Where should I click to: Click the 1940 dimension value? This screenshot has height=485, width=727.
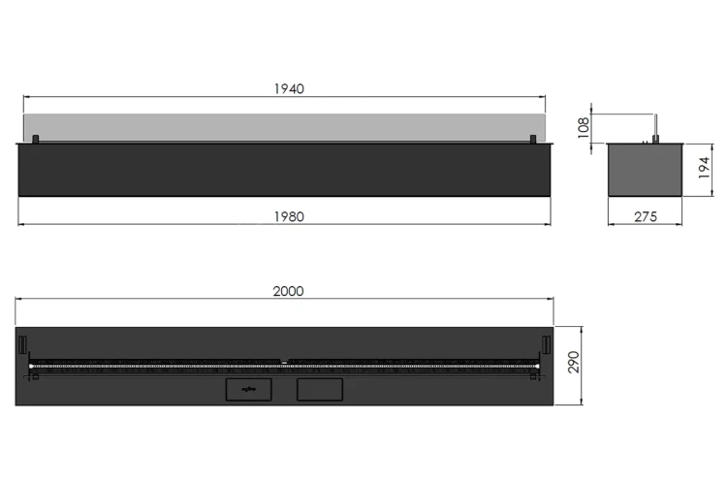pyautogui.click(x=289, y=88)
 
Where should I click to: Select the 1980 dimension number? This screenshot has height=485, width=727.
pyautogui.click(x=289, y=216)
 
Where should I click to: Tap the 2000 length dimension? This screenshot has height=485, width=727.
pyautogui.click(x=289, y=291)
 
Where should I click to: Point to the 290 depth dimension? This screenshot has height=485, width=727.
pyautogui.click(x=574, y=362)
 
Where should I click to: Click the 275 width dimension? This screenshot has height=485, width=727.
pyautogui.click(x=646, y=216)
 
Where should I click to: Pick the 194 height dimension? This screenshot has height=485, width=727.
pyautogui.click(x=704, y=168)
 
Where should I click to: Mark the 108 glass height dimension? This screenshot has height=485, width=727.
pyautogui.click(x=584, y=128)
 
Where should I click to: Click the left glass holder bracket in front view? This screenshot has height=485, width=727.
pyautogui.click(x=35, y=140)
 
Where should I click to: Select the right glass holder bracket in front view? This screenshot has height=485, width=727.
pyautogui.click(x=533, y=140)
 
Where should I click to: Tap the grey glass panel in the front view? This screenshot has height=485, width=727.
pyautogui.click(x=284, y=128)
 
